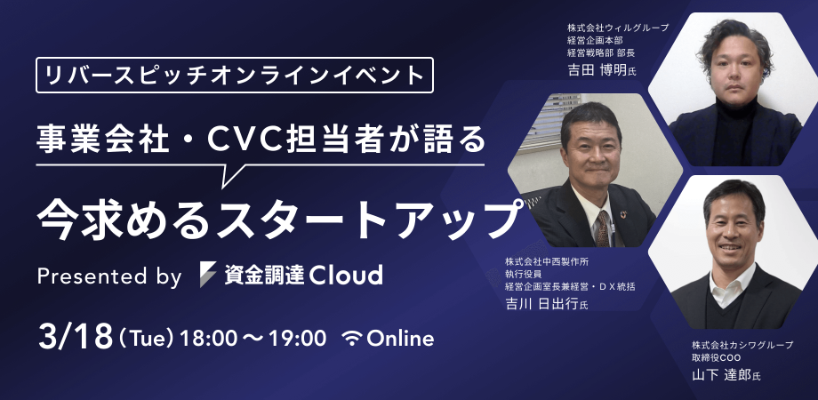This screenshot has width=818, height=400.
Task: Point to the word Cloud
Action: (346, 275)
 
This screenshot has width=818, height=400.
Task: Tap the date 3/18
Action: (75, 336)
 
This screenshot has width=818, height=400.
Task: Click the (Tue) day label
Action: (146, 338)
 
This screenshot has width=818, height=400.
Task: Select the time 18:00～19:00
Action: (253, 338)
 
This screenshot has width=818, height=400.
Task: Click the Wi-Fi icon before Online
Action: (353, 338)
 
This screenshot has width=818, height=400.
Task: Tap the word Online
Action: (400, 338)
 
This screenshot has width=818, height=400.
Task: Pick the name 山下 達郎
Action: (720, 375)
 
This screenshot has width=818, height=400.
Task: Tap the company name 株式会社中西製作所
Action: (548, 262)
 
